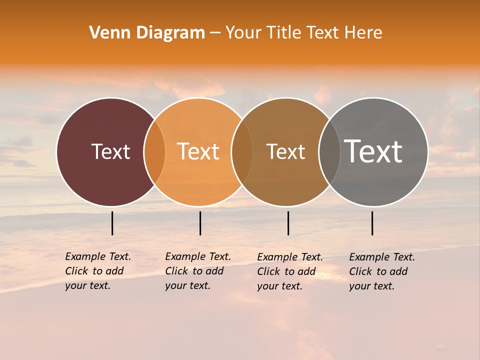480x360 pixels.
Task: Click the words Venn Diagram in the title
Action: coord(147,33)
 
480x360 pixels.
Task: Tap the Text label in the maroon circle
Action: coord(110,151)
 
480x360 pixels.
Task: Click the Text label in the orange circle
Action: coord(198,151)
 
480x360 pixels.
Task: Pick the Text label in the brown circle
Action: coord(285,151)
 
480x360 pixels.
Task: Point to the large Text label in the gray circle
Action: coord(373,151)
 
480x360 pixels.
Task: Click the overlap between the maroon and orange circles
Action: coord(154,151)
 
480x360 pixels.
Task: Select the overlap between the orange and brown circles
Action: coord(242,151)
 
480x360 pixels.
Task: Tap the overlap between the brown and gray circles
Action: coord(329,151)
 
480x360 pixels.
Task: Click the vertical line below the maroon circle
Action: coord(112,223)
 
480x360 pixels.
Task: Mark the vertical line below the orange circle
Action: coord(200,223)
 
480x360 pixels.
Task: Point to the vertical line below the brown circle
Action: coord(288,223)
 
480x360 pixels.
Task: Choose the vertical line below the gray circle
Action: coord(372,223)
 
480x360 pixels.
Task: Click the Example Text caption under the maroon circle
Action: coord(98,271)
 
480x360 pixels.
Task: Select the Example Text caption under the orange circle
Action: coord(198,271)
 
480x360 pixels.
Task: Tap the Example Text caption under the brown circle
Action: coord(290,271)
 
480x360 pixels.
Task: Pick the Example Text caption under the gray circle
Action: coord(382,271)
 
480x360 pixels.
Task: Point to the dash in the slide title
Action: coord(215,33)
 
